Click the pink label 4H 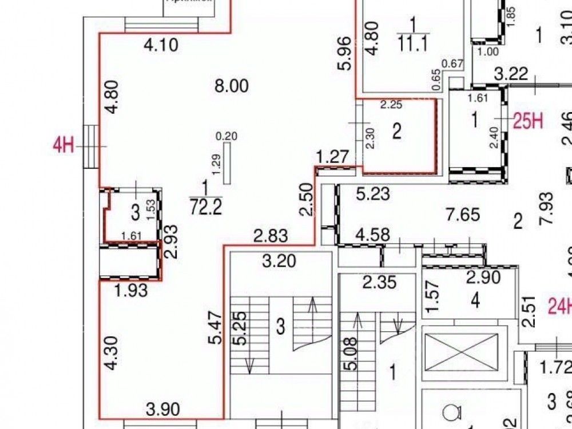[x=63, y=145]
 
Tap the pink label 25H [x=527, y=122]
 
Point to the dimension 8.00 [x=231, y=86]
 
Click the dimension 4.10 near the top [x=161, y=45]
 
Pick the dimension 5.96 [x=344, y=54]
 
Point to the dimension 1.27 [x=332, y=156]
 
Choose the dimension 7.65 [x=463, y=215]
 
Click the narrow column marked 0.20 [x=228, y=164]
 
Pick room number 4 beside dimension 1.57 [x=475, y=300]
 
